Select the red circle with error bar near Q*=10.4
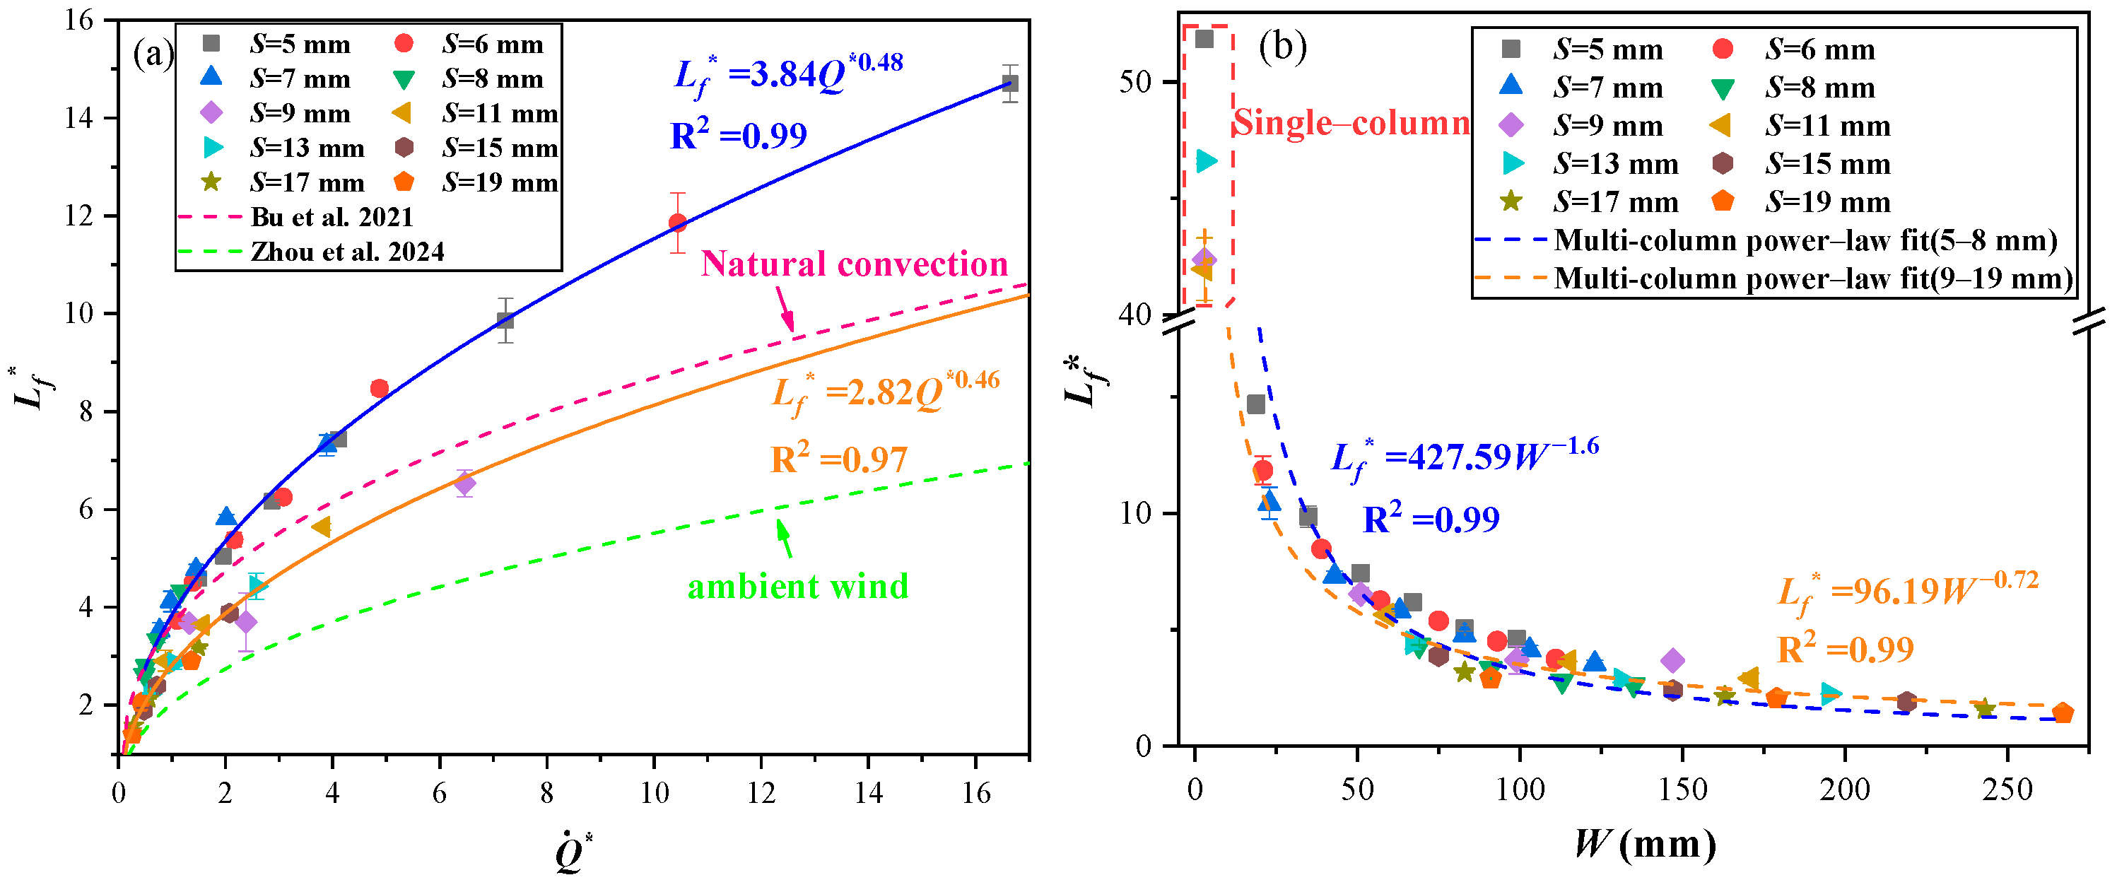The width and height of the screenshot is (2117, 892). (x=677, y=222)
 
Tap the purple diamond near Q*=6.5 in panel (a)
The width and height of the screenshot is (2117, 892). (x=464, y=483)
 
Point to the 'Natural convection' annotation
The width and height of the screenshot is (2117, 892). (x=855, y=264)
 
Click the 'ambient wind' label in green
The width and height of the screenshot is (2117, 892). (x=798, y=586)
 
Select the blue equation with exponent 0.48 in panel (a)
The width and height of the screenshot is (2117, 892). (x=788, y=75)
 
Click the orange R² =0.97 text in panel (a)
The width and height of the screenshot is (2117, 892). (x=839, y=458)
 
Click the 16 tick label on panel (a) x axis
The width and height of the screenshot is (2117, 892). (x=975, y=792)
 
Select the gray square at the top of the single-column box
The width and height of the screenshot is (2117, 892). (x=1204, y=39)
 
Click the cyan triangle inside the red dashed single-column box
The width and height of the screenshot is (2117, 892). (x=1206, y=160)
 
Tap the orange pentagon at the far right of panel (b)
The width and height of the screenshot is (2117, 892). (x=2063, y=712)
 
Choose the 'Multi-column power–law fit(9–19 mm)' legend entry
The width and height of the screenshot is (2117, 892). (x=1775, y=278)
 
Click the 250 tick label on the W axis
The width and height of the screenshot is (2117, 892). (x=2007, y=790)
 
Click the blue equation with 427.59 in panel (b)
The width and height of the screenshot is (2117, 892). (x=1465, y=459)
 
